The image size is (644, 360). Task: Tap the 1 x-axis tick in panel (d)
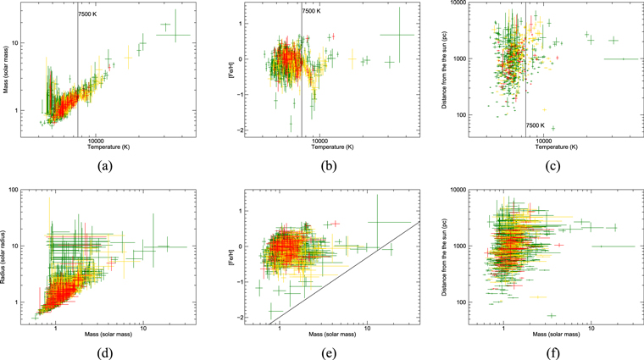(x=56, y=328)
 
